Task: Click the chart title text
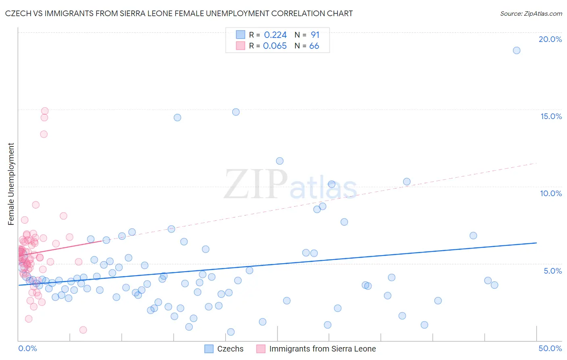coord(179,14)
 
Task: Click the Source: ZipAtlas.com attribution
coord(531,14)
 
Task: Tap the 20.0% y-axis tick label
coord(550,39)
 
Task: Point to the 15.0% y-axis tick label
coord(551,116)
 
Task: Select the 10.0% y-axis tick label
coord(551,193)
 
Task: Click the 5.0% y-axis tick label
coord(552,271)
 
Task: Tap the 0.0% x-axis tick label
coord(27,348)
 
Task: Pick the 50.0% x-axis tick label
coord(550,348)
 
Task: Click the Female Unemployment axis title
coord(11,184)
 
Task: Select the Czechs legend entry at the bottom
coord(230,349)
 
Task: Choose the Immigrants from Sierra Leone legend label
coord(322,349)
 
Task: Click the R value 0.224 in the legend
coord(275,35)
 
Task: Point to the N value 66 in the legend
coord(314,46)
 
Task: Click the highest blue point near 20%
coord(517,50)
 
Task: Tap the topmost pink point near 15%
coord(45,111)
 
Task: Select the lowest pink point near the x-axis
coord(83,330)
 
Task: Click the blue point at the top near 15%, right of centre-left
coord(236,112)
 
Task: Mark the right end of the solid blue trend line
coord(536,243)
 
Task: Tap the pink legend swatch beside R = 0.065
coord(241,46)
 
